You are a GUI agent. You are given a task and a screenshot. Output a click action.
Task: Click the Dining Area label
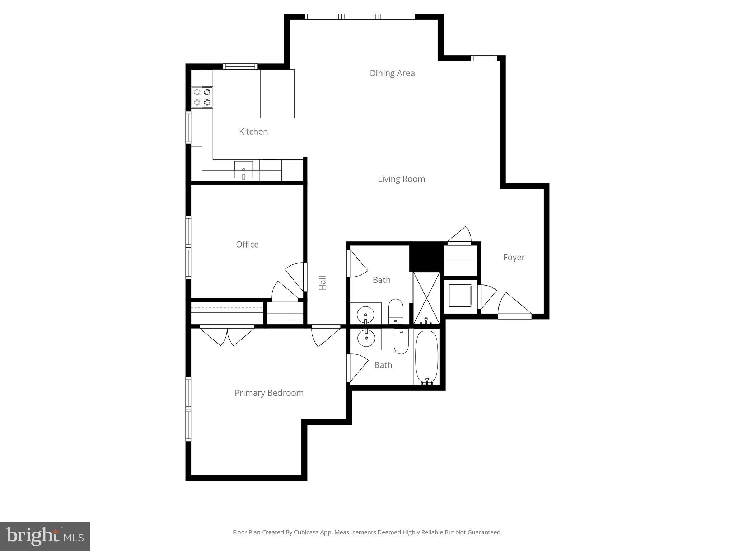pyautogui.click(x=392, y=73)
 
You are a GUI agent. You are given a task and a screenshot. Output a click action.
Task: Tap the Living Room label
pyautogui.click(x=401, y=179)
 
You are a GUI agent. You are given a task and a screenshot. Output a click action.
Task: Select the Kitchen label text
pyautogui.click(x=253, y=132)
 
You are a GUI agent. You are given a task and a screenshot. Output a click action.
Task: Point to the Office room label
pyautogui.click(x=247, y=245)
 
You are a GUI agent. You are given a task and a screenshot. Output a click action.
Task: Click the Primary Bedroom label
pyautogui.click(x=269, y=393)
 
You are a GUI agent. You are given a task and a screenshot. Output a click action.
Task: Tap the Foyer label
pyautogui.click(x=514, y=258)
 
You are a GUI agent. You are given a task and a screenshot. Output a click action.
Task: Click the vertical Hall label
pyautogui.click(x=323, y=283)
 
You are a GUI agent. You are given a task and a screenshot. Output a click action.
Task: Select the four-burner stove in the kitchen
pyautogui.click(x=202, y=97)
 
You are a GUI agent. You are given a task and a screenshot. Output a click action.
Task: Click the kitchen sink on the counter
pyautogui.click(x=244, y=170)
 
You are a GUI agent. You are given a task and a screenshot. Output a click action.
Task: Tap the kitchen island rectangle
pyautogui.click(x=277, y=94)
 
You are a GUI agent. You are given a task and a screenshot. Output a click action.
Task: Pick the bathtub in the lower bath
pyautogui.click(x=427, y=357)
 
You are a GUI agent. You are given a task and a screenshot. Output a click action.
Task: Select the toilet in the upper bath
pyautogui.click(x=396, y=311)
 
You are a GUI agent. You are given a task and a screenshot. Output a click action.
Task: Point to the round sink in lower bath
pyautogui.click(x=366, y=338)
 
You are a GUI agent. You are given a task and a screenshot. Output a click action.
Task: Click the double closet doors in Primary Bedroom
pyautogui.click(x=227, y=335)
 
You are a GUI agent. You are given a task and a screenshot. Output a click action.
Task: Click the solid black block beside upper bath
pyautogui.click(x=426, y=257)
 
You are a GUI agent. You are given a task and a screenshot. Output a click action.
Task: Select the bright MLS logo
pyautogui.click(x=45, y=536)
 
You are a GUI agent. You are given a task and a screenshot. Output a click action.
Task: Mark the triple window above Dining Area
pyautogui.click(x=360, y=17)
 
